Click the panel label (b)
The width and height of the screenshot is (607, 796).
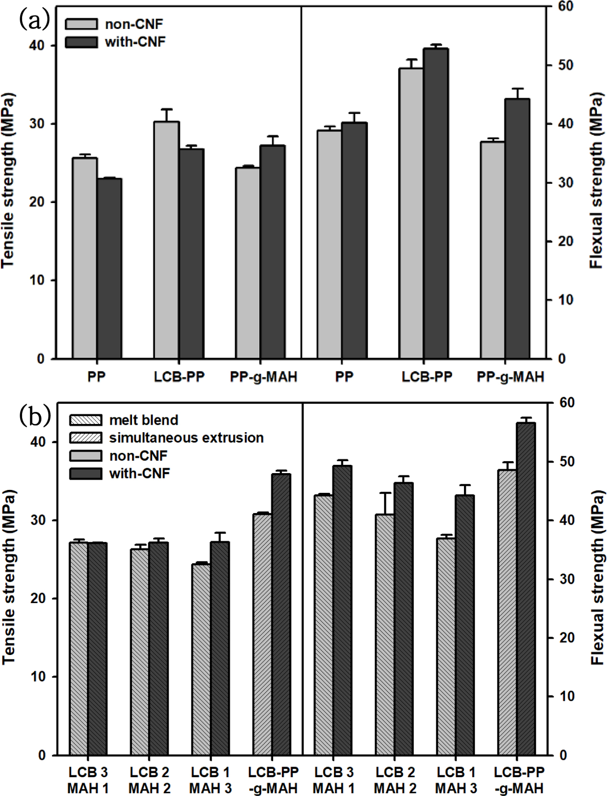tap(34, 417)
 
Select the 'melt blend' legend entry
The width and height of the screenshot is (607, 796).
tap(144, 420)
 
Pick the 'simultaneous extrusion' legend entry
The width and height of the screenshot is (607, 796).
tap(186, 438)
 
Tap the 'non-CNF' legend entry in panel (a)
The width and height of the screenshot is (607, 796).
tap(134, 24)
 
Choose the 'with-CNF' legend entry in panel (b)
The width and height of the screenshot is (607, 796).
tap(139, 474)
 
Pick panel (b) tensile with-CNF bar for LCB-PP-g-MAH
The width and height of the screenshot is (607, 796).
tap(281, 621)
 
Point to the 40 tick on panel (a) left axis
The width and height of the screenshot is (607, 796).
tap(37, 46)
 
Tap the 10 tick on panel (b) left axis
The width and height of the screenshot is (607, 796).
tap(37, 677)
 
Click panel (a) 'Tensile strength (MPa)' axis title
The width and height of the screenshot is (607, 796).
tap(8, 180)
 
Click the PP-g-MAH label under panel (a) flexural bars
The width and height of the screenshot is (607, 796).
tap(510, 377)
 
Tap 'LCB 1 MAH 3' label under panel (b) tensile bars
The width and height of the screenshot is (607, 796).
tap(211, 781)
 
